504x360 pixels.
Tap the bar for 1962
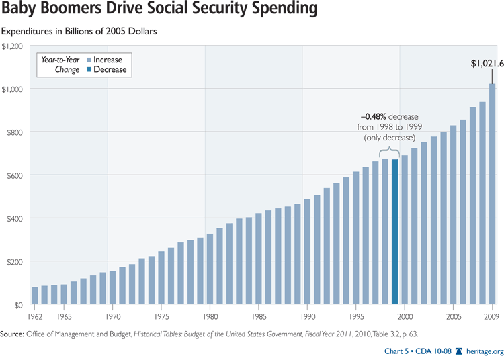[x=34, y=296]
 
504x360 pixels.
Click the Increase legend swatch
[x=88, y=60]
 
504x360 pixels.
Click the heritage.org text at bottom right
[x=481, y=351]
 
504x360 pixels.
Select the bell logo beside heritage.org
[x=459, y=351]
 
